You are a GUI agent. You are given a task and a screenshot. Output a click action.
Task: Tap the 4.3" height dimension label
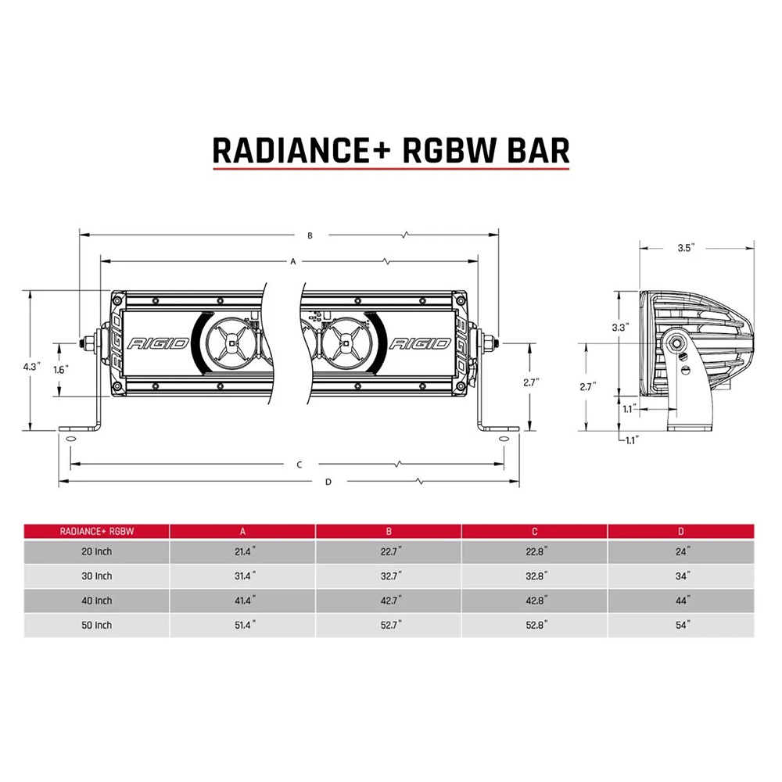pyautogui.click(x=31, y=366)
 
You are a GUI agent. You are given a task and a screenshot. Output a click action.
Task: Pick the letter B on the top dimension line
pyautogui.click(x=310, y=235)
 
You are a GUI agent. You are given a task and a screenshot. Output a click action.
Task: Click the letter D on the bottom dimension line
pyautogui.click(x=328, y=482)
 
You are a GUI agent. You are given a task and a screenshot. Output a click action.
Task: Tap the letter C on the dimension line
pyautogui.click(x=300, y=465)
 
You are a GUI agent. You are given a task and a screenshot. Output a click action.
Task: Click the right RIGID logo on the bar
pyautogui.click(x=418, y=343)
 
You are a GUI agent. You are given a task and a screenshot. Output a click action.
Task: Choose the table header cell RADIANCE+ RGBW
pyautogui.click(x=97, y=532)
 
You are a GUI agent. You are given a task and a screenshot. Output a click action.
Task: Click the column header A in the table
pyautogui.click(x=242, y=532)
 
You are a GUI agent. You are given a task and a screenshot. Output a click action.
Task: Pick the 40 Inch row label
pyautogui.click(x=97, y=601)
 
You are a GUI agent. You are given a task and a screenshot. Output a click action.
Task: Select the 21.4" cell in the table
pyautogui.click(x=242, y=551)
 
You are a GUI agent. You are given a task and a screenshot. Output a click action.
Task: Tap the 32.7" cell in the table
pyautogui.click(x=389, y=576)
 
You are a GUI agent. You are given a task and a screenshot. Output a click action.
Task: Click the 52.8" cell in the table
pyautogui.click(x=535, y=625)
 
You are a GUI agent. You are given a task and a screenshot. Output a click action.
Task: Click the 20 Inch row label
pyautogui.click(x=97, y=551)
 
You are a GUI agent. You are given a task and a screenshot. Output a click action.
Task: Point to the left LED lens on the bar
pyautogui.click(x=231, y=343)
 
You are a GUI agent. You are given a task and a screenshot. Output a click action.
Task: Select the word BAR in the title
pyautogui.click(x=532, y=149)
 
